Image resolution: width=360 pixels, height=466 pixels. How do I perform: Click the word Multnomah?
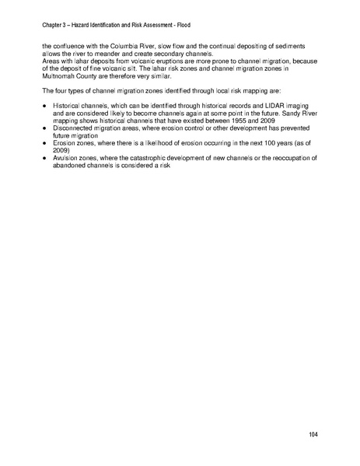coord(61,75)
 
